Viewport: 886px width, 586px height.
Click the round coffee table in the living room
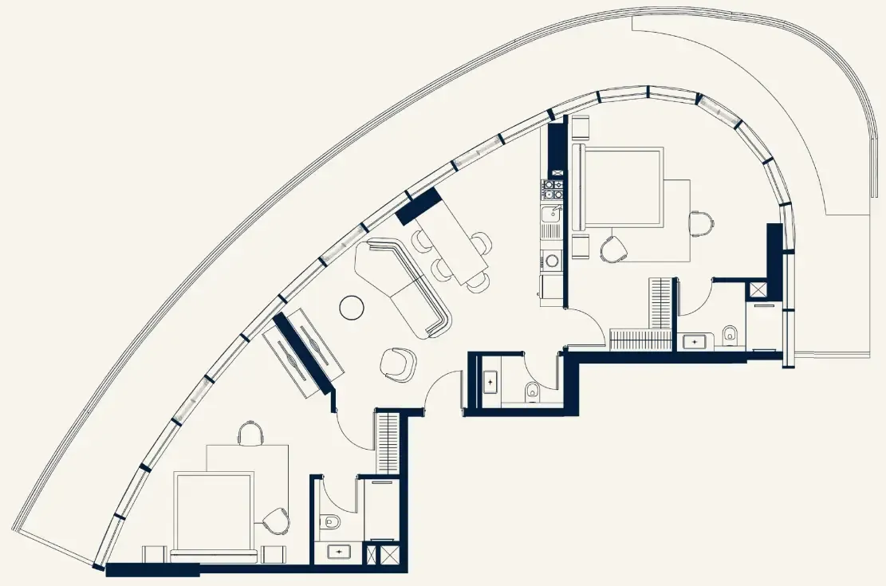[x=352, y=307]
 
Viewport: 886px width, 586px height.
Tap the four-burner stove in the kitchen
[x=553, y=189]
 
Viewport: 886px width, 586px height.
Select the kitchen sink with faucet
[x=551, y=213]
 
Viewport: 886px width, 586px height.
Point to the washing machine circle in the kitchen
[x=551, y=260]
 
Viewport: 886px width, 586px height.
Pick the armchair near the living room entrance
[x=398, y=364]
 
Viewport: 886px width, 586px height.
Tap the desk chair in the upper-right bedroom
[x=700, y=224]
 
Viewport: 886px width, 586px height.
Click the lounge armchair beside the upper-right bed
[x=614, y=248]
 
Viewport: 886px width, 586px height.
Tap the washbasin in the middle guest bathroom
[x=490, y=383]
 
